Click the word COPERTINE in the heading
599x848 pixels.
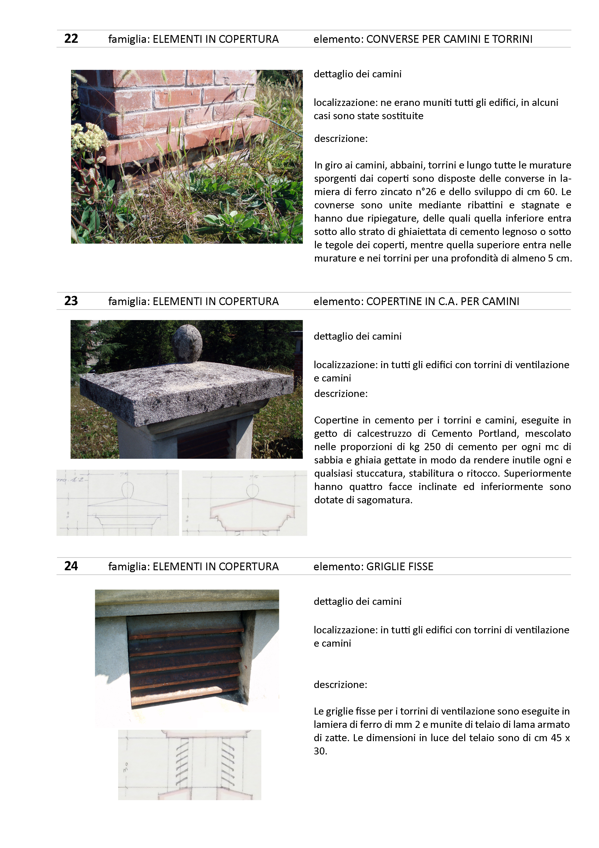click(x=393, y=301)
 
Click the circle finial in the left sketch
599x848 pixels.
click(x=127, y=490)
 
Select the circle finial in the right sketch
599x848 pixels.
click(x=252, y=491)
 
